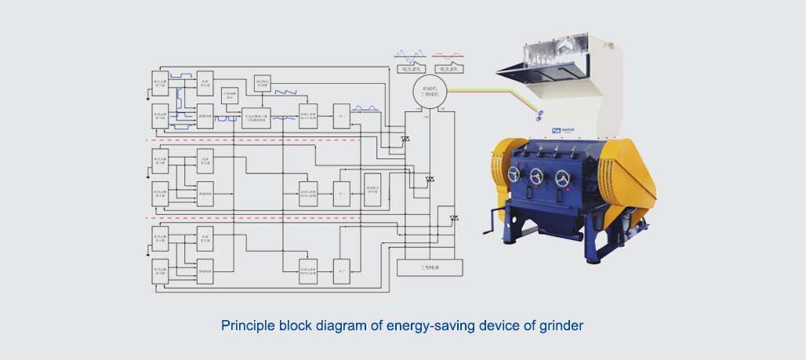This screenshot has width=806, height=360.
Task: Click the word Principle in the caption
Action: coord(245,325)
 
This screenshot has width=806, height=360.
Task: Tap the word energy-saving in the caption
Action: coord(423,325)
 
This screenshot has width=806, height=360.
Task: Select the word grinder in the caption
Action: coord(562,325)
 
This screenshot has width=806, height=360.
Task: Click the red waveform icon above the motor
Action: coord(448,56)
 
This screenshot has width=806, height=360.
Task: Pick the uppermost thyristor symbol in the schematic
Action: coord(405,140)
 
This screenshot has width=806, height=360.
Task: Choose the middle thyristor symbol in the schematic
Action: coord(430,180)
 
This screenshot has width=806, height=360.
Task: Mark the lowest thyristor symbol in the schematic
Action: coord(453,218)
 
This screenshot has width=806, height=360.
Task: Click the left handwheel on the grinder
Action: coord(514,175)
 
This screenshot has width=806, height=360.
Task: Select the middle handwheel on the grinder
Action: coord(537,176)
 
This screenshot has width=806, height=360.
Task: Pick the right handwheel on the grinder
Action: coord(562,179)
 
